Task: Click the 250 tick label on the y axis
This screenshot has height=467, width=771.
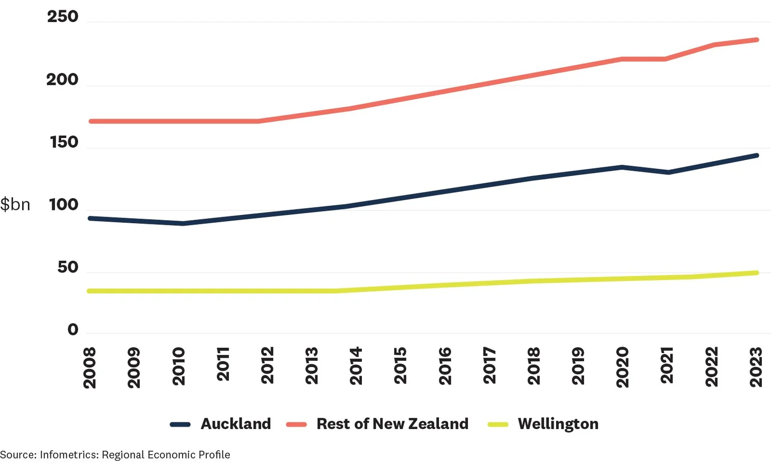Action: pos(63,16)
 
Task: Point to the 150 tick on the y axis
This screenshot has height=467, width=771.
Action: pos(64,142)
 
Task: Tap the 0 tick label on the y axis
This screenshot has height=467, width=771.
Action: pos(73,329)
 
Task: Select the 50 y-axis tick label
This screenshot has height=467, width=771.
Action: pos(68,267)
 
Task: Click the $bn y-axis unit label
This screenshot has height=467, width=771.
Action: pos(15,205)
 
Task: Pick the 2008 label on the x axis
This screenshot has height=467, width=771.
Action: pos(89,367)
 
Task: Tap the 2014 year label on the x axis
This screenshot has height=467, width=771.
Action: pos(356,366)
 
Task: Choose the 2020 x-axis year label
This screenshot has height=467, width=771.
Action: pos(622,367)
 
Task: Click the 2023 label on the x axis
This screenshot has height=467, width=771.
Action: pos(756,367)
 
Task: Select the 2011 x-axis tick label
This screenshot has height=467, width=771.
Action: pos(223,364)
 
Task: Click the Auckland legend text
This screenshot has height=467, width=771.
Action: pos(235,424)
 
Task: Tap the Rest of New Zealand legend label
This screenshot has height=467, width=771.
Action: pos(392,424)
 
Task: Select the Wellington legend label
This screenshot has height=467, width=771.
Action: pos(558,424)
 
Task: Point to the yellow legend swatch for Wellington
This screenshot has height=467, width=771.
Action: pos(498,424)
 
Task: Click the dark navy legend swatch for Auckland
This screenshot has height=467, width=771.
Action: pos(180,424)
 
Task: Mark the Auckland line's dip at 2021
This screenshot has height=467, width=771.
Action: pos(667,172)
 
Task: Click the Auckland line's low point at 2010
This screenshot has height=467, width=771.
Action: pos(182,223)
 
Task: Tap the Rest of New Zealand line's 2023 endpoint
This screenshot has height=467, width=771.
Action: pos(756,40)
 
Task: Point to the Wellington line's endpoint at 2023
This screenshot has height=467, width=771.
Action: pos(756,273)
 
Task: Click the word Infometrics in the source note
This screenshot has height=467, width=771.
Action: pos(69,455)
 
